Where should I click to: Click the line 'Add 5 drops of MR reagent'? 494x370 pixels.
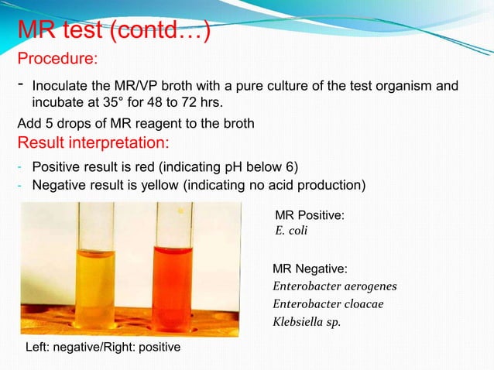[x=136, y=125]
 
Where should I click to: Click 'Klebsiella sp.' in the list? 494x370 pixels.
[x=304, y=321]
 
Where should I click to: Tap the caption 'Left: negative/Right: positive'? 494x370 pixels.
[x=99, y=348]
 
